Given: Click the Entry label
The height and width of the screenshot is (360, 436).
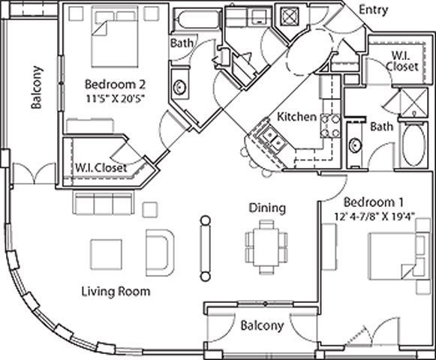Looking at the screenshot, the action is [374, 10].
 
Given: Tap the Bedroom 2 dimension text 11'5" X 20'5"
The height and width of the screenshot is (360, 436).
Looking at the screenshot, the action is [115, 98].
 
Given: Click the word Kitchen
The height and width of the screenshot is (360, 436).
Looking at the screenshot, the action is [297, 116].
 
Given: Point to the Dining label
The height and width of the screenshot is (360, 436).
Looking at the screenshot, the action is [267, 208].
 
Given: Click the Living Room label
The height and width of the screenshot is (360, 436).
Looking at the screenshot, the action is [116, 292].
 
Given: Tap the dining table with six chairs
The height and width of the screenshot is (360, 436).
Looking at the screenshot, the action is [266, 247].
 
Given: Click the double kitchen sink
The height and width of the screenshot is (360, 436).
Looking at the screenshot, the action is [273, 139].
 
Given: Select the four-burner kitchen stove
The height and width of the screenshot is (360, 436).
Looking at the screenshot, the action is [330, 126].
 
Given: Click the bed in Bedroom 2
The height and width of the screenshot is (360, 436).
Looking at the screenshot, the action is [115, 37].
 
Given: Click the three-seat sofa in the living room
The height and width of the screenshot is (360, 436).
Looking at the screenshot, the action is [103, 202].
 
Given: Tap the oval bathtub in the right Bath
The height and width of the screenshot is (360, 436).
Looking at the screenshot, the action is [413, 145].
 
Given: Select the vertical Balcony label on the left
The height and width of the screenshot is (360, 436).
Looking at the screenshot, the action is [37, 87].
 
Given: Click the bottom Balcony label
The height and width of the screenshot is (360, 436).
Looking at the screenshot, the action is [262, 325].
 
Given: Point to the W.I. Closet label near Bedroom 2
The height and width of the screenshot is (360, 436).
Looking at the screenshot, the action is [101, 168].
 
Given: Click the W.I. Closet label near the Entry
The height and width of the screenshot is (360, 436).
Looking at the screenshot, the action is [401, 61].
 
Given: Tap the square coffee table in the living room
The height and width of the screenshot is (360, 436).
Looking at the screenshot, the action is [107, 254].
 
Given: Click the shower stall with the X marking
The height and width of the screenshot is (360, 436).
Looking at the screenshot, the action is [413, 102].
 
